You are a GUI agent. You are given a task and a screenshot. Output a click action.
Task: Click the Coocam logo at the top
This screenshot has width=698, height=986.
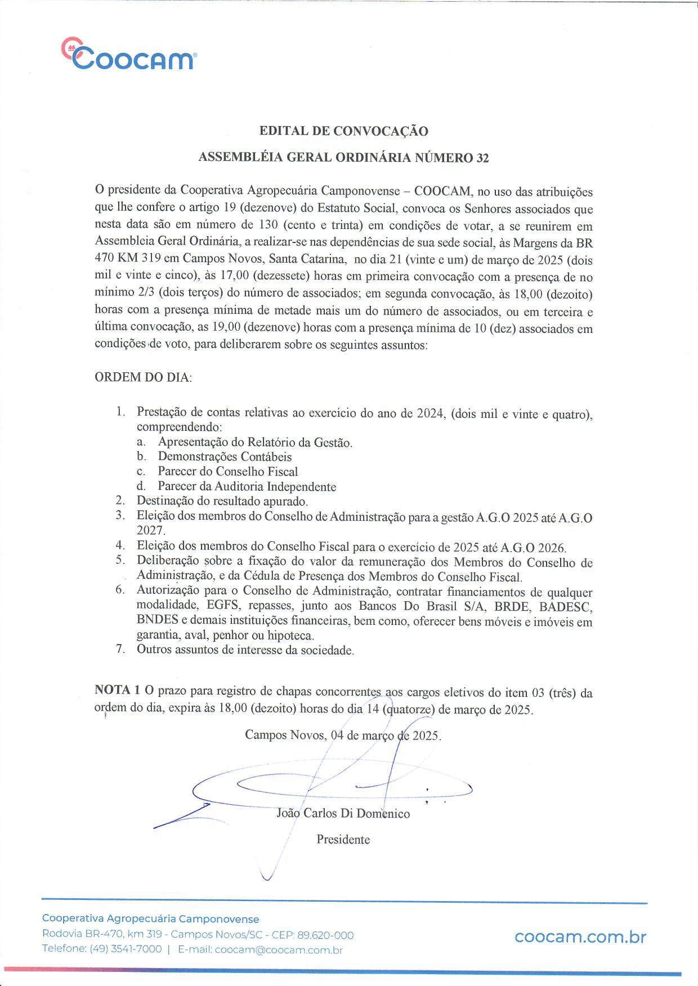129,55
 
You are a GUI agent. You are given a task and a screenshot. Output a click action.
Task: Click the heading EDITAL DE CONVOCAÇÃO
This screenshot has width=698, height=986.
343,131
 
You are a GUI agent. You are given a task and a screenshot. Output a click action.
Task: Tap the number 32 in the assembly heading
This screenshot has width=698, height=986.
482,158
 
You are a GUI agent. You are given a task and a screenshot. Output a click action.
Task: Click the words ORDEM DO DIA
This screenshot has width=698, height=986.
143,377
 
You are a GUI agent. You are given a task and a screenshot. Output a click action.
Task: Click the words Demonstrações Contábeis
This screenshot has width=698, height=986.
225,457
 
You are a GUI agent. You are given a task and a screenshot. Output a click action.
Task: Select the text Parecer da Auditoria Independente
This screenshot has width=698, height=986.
247,487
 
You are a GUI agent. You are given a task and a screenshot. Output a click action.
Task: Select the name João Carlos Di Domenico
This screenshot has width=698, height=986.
343,813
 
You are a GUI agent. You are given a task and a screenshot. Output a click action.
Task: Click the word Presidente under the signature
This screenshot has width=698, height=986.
343,839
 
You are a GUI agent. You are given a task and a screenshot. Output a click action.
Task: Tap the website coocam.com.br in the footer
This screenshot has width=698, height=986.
580,937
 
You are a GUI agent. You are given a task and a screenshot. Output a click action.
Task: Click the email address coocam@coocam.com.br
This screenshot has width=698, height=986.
279,950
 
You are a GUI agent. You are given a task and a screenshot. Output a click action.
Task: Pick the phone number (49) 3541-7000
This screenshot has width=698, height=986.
126,949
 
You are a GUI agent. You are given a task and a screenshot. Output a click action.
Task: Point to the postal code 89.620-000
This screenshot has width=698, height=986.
326,935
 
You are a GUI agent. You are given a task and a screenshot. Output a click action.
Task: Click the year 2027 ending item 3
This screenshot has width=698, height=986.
150,530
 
